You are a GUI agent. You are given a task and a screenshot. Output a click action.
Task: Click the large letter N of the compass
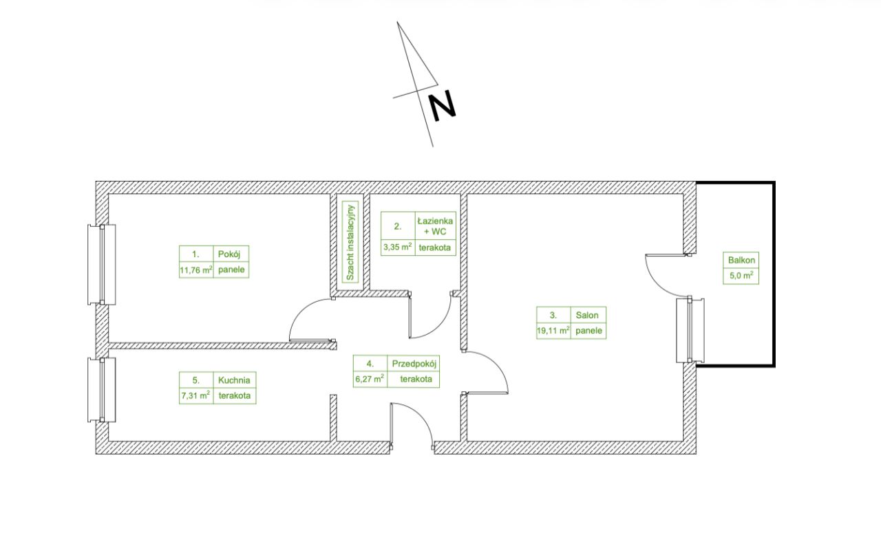click(442, 106)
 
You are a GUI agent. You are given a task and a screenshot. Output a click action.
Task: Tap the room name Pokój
click(229, 254)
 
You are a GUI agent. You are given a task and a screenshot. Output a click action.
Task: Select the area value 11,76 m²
click(196, 270)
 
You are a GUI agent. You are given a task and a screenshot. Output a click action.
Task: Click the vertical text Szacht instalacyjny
click(350, 243)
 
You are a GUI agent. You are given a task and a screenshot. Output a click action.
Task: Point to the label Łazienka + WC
click(435, 226)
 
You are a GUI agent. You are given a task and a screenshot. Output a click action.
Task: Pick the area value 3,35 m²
click(398, 247)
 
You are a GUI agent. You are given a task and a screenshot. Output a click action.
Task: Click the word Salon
click(587, 315)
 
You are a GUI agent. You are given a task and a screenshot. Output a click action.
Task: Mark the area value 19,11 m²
click(553, 330)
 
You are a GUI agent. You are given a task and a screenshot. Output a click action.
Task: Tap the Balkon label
click(741, 260)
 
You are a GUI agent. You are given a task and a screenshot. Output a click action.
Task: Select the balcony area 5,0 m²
click(741, 276)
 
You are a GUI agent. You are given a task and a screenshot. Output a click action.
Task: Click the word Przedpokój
click(414, 364)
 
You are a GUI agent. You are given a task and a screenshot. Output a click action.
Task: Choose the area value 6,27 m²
click(370, 379)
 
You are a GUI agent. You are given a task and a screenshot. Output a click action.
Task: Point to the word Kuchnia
click(234, 380)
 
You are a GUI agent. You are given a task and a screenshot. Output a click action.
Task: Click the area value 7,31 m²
click(195, 395)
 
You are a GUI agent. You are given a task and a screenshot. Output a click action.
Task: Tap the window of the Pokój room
click(101, 265)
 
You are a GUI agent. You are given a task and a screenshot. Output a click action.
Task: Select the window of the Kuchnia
click(101, 390)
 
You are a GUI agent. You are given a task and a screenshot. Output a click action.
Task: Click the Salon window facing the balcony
click(690, 330)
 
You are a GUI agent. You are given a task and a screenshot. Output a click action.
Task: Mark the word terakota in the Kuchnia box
click(235, 395)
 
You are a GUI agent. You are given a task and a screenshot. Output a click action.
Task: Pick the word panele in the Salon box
click(588, 331)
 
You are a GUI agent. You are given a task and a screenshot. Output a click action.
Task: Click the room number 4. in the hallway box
click(370, 364)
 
